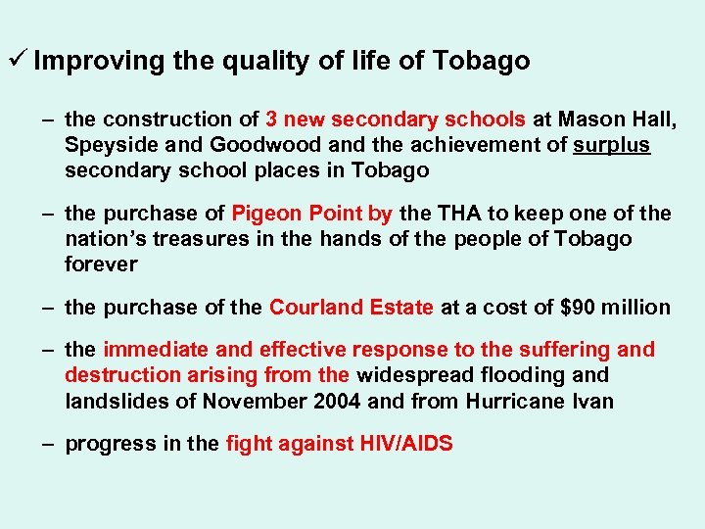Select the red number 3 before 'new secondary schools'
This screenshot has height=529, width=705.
tap(271, 120)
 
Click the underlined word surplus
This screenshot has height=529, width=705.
tap(611, 145)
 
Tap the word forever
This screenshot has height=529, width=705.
tap(101, 264)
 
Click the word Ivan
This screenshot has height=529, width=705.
tap(591, 401)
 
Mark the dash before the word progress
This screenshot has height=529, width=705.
tap(47, 444)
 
